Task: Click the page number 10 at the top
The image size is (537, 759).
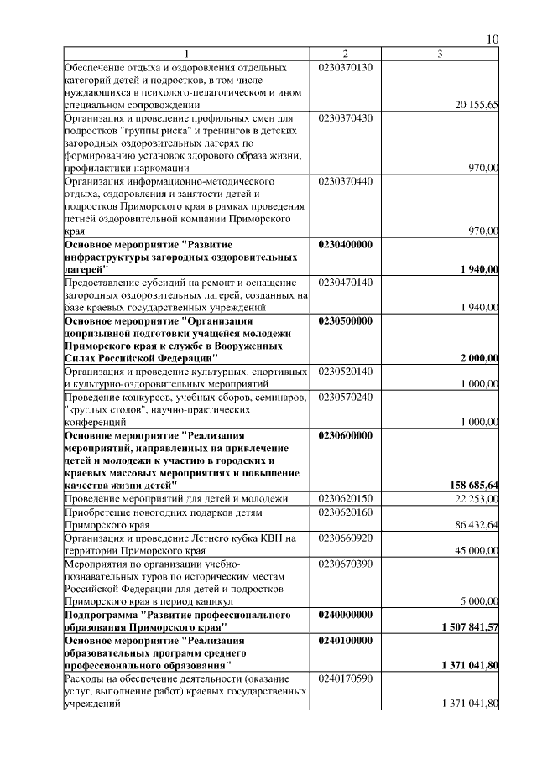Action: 493,39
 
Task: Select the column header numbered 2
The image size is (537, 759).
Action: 345,55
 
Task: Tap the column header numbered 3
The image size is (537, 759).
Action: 440,55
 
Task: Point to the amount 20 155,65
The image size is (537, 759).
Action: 477,105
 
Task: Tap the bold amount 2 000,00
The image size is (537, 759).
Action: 479,358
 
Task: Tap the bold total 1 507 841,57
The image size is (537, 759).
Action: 470,626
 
